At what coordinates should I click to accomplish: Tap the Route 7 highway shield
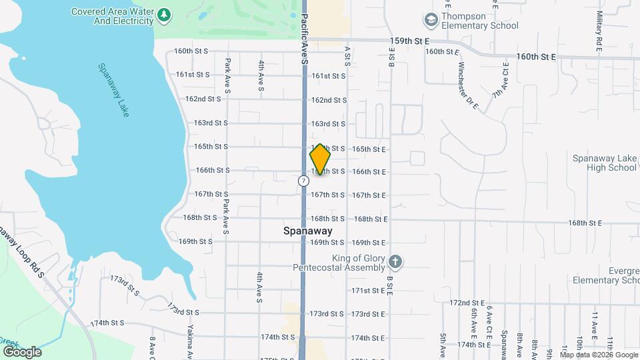tap(303, 181)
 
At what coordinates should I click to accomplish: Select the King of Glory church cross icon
tap(395, 261)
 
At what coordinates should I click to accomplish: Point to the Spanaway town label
tap(304, 231)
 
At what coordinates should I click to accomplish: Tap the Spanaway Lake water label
tap(113, 90)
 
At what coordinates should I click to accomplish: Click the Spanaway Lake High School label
tap(605, 163)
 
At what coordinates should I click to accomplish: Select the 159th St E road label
tap(409, 41)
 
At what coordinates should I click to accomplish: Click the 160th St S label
tap(191, 51)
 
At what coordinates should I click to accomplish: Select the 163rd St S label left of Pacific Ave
tap(211, 123)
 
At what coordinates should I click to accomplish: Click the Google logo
tap(21, 351)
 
